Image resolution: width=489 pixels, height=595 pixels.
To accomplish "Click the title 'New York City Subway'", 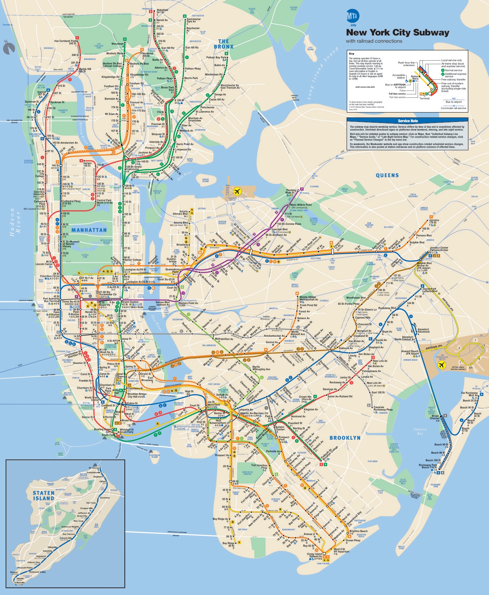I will (x=398, y=33).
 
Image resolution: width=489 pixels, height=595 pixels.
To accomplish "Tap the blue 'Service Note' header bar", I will (x=408, y=121).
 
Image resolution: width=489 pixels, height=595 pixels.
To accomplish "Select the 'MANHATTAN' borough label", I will (x=89, y=230).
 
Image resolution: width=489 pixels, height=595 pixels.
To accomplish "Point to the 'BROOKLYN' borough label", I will (x=345, y=438).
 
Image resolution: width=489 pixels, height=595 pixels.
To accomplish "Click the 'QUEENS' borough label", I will (x=387, y=175).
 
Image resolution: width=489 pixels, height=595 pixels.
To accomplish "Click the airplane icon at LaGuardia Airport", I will (x=237, y=191).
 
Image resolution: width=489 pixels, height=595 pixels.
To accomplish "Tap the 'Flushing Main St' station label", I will (x=291, y=191).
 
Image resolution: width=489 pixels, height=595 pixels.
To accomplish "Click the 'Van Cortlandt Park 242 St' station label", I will (x=65, y=42).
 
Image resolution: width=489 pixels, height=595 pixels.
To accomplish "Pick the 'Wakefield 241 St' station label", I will (x=162, y=11).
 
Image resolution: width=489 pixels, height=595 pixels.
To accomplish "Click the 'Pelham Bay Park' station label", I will (x=216, y=58).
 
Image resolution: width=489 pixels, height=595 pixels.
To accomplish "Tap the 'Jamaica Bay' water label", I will (x=420, y=431).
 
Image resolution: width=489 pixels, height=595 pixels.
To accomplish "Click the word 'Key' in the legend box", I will (x=351, y=54).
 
